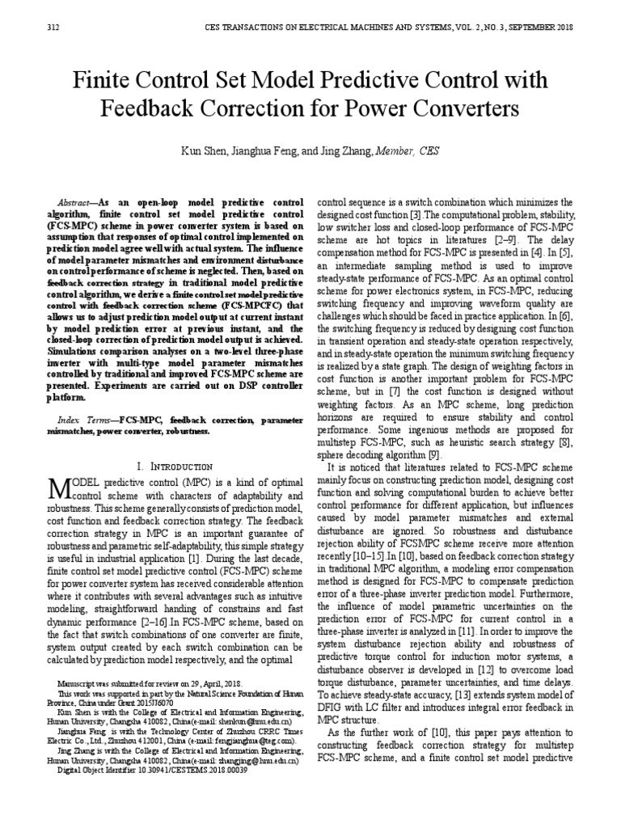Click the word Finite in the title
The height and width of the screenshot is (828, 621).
click(103, 81)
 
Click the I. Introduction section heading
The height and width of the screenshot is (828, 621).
click(175, 467)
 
